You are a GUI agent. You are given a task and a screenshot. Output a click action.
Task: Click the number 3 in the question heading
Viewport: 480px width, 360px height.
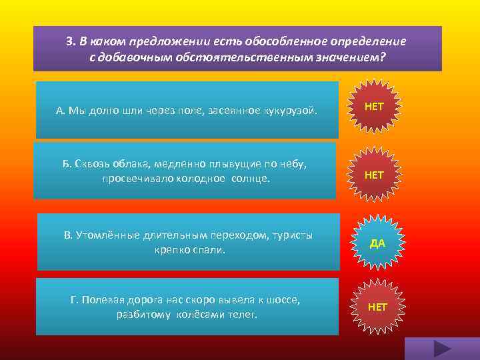coord(70,41)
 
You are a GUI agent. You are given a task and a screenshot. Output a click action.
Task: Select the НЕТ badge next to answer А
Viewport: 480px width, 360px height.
coord(374,107)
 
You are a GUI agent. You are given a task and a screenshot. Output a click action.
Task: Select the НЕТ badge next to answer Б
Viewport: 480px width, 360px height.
coord(374,175)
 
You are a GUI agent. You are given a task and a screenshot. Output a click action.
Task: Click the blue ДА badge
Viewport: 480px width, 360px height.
coord(377,243)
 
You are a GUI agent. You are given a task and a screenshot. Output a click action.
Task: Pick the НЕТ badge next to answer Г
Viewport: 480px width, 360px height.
coord(377,307)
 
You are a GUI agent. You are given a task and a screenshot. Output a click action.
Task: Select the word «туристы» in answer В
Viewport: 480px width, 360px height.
coord(289,235)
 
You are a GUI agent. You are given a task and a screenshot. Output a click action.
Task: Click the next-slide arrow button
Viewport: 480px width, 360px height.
coord(441,348)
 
